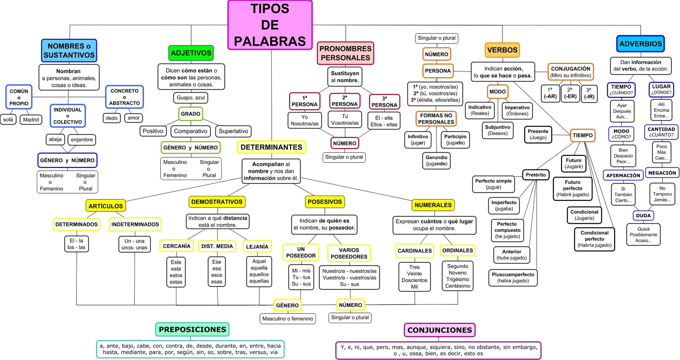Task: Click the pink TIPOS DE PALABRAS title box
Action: click(x=270, y=25)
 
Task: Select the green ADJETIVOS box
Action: click(x=191, y=53)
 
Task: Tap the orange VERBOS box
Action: click(x=502, y=50)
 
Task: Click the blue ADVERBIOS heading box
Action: click(x=640, y=44)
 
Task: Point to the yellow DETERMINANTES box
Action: click(x=271, y=147)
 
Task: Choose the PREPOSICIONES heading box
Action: click(x=192, y=330)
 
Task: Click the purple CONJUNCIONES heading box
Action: click(x=440, y=330)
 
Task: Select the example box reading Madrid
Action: click(x=31, y=120)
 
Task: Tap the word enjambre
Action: click(x=82, y=140)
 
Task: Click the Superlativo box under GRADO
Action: click(x=233, y=131)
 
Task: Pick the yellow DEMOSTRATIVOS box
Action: click(x=217, y=202)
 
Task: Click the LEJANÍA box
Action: click(x=257, y=246)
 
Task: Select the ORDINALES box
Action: click(x=458, y=251)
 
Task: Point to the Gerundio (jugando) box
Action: click(x=436, y=161)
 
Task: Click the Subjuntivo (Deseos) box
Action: click(x=498, y=130)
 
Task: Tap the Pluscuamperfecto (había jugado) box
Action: click(x=513, y=277)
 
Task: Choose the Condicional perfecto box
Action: click(x=594, y=239)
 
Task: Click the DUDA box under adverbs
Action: click(x=643, y=215)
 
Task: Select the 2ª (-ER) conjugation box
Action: click(x=570, y=93)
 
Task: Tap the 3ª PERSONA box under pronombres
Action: click(x=384, y=102)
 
